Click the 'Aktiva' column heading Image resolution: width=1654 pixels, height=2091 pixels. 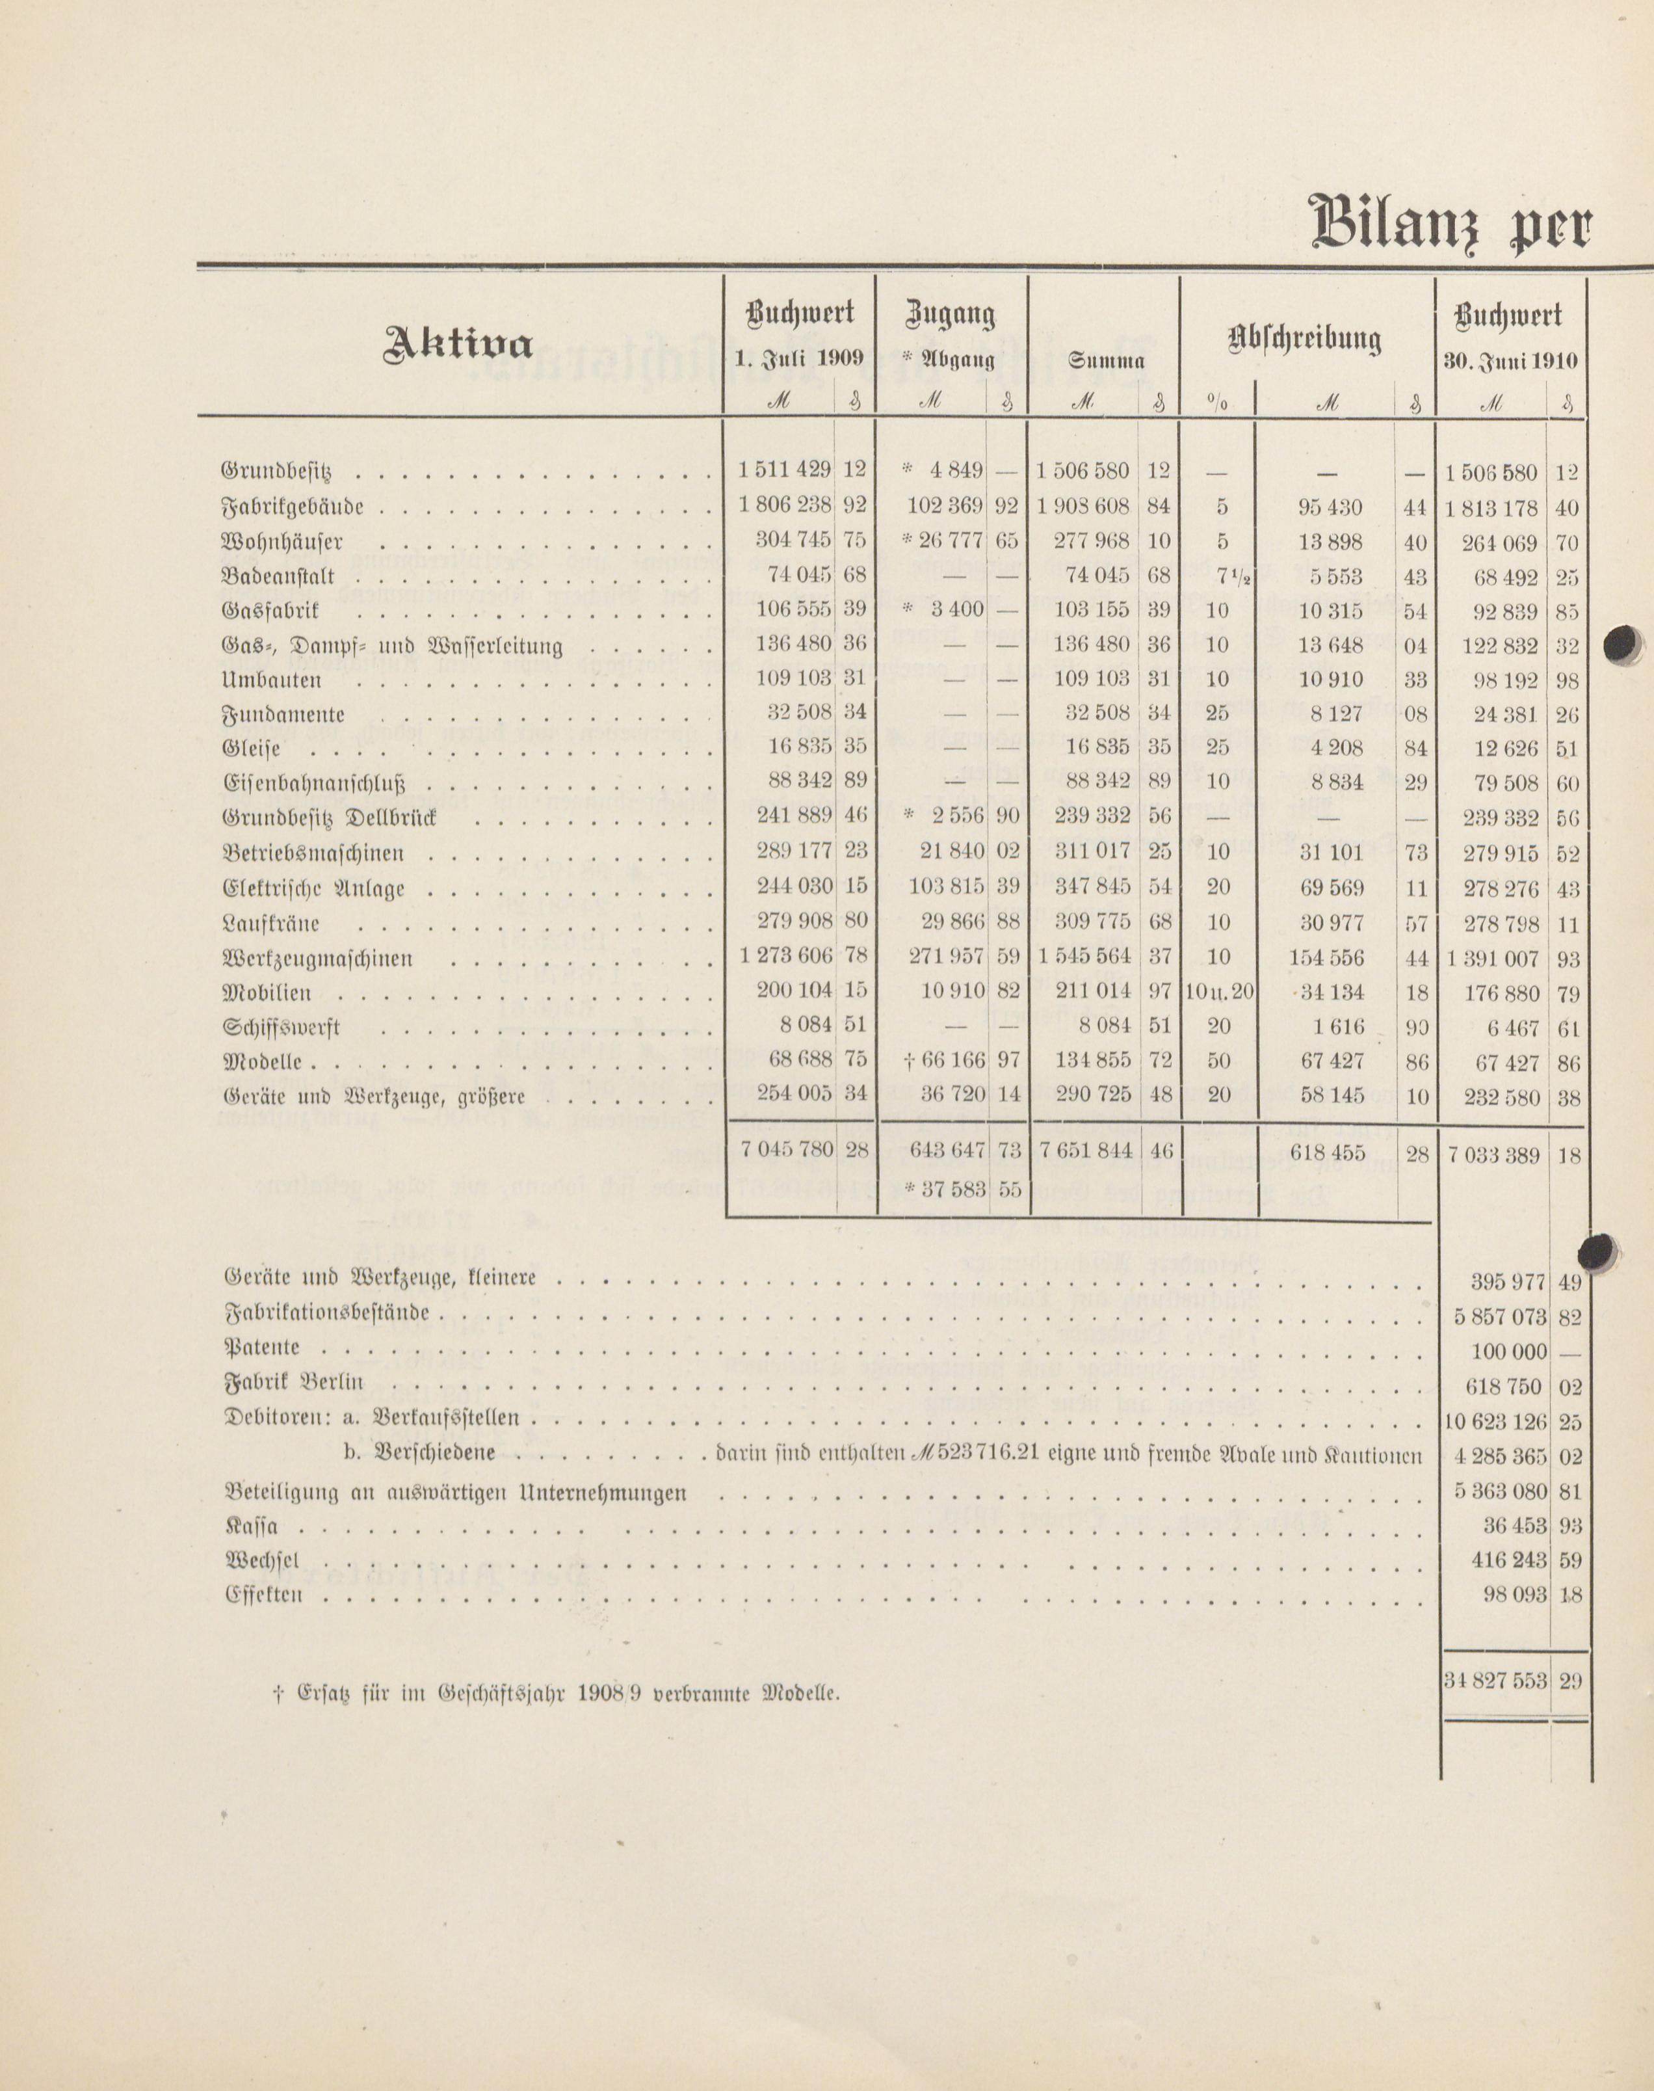pos(458,345)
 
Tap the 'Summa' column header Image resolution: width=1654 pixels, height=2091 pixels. pos(1105,361)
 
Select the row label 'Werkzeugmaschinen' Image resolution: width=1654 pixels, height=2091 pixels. pos(318,959)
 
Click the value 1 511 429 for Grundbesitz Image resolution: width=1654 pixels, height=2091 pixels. pos(783,471)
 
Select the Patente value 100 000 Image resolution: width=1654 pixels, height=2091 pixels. pos(1508,1352)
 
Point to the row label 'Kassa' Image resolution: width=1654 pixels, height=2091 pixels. pos(251,1526)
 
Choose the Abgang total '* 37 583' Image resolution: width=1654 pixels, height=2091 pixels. pos(943,1190)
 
